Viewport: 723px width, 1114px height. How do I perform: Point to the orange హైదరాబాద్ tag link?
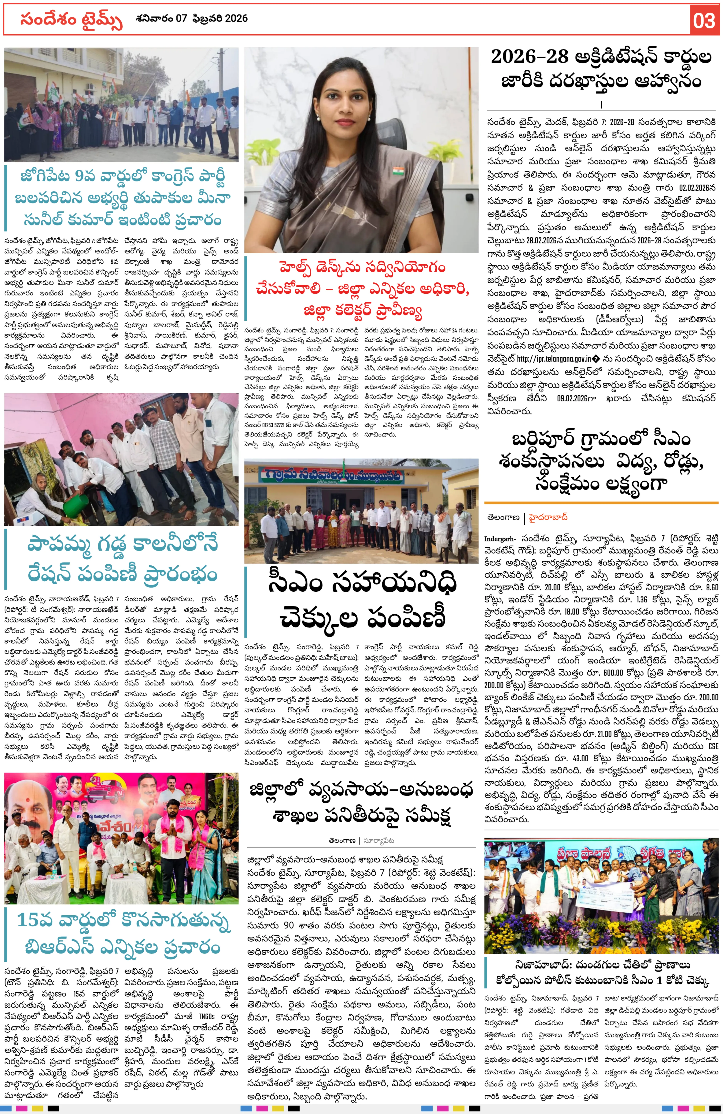coord(548,517)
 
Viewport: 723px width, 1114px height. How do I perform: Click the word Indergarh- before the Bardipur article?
coord(500,539)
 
